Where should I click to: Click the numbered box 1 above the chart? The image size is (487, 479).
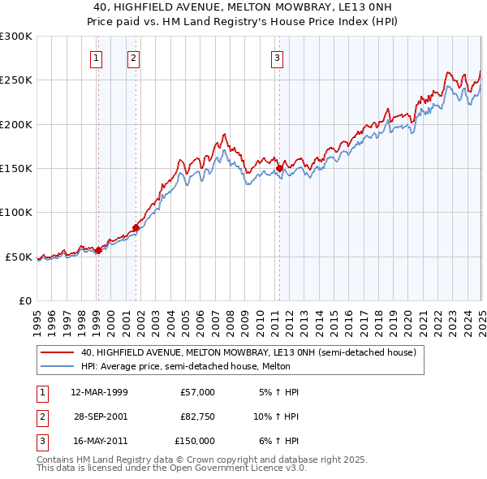click(x=97, y=58)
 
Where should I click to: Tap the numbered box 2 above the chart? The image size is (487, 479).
click(x=132, y=58)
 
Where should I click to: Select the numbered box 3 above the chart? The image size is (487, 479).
click(x=277, y=58)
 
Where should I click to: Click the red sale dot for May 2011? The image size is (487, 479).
click(x=280, y=169)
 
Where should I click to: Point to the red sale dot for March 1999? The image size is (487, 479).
click(x=98, y=250)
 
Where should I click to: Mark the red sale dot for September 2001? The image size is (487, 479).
click(x=136, y=227)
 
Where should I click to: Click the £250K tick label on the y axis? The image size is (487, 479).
click(x=15, y=80)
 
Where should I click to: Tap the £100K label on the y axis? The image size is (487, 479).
click(x=15, y=213)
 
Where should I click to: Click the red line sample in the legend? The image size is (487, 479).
click(x=58, y=353)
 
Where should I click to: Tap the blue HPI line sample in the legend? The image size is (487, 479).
click(x=58, y=366)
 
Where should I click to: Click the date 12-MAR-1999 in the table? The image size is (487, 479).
click(x=99, y=392)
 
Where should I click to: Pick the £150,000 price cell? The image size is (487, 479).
click(x=195, y=441)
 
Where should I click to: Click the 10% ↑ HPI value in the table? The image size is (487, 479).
click(x=276, y=416)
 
